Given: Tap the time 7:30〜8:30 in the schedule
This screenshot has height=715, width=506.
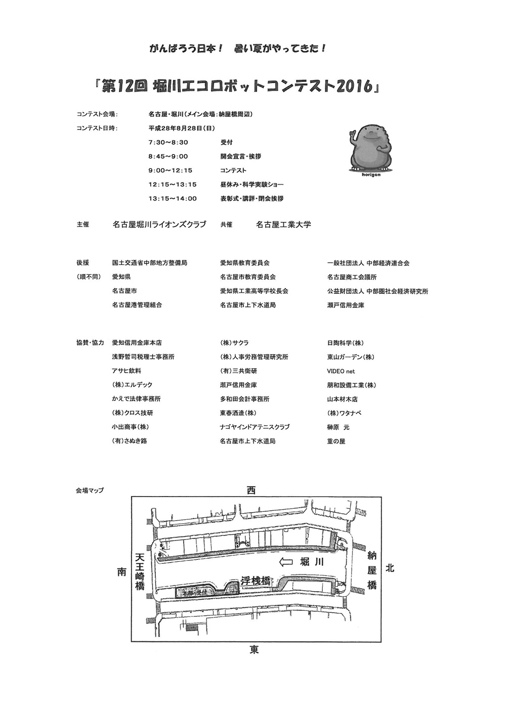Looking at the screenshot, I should pyautogui.click(x=168, y=143).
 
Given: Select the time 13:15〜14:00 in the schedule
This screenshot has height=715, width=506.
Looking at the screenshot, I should pyautogui.click(x=172, y=199).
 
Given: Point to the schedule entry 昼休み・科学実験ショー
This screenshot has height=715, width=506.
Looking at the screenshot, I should pyautogui.click(x=251, y=185).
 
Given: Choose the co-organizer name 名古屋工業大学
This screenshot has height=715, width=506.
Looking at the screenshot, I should pyautogui.click(x=283, y=225).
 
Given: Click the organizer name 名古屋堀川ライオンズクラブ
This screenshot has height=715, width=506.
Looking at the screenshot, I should pyautogui.click(x=159, y=225).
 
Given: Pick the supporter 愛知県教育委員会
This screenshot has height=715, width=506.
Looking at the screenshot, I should pyautogui.click(x=244, y=263).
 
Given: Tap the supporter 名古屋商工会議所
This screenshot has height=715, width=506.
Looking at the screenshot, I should pyautogui.click(x=352, y=277).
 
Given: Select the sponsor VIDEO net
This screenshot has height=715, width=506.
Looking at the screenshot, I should pyautogui.click(x=341, y=371).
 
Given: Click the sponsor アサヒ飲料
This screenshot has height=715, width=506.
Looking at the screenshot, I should pyautogui.click(x=126, y=371).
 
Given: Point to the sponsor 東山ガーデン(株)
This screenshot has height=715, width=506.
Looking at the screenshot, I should pyautogui.click(x=351, y=357).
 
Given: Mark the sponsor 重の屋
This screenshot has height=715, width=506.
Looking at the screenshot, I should pyautogui.click(x=336, y=441).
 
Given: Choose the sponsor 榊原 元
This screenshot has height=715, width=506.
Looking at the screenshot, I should pyautogui.click(x=338, y=427).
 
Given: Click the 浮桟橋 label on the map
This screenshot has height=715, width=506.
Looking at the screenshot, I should pyautogui.click(x=256, y=581).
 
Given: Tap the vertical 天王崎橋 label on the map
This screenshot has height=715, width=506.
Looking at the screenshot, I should pyautogui.click(x=140, y=571).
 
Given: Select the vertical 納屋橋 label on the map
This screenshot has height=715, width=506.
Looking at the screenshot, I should pyautogui.click(x=372, y=570).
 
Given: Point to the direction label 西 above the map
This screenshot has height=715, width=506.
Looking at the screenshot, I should pyautogui.click(x=251, y=490).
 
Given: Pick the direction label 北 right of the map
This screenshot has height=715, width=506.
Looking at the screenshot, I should pyautogui.click(x=390, y=568).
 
